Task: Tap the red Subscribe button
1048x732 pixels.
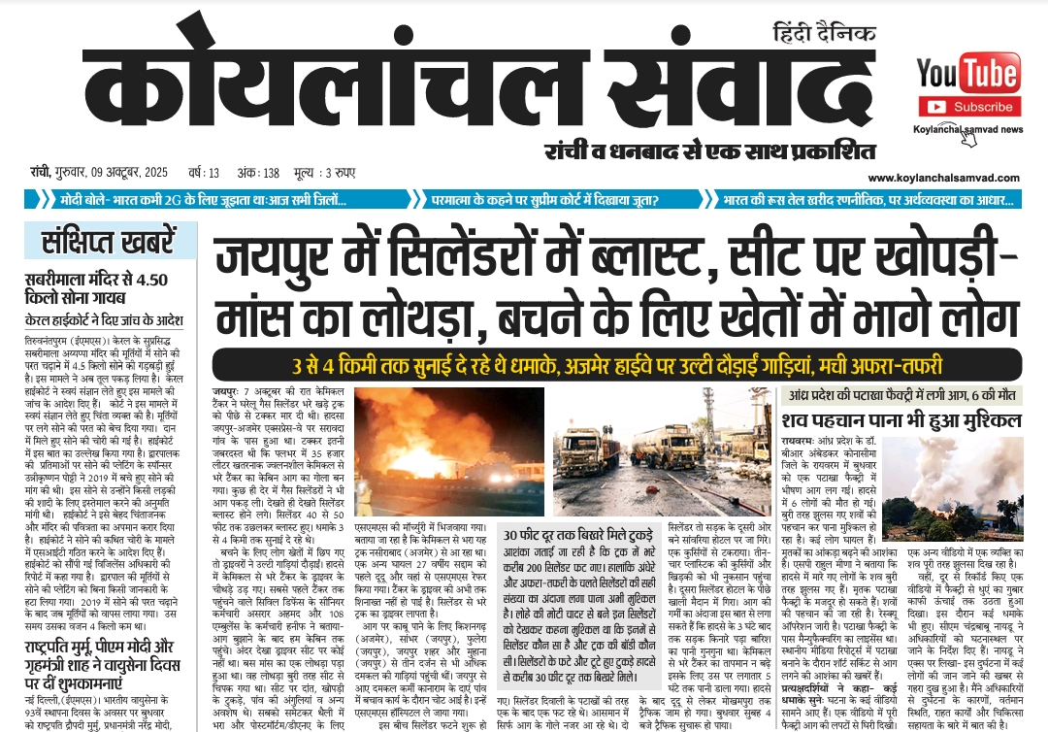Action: [967, 107]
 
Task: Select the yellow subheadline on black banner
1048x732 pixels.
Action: [616, 366]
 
